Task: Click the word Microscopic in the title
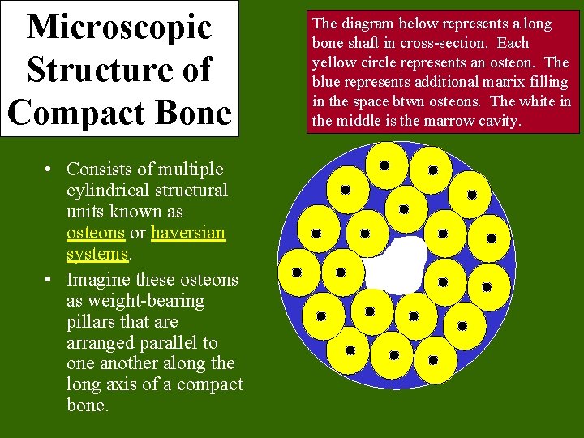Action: [120, 26]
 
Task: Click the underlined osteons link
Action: [96, 233]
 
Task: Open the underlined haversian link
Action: [188, 233]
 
